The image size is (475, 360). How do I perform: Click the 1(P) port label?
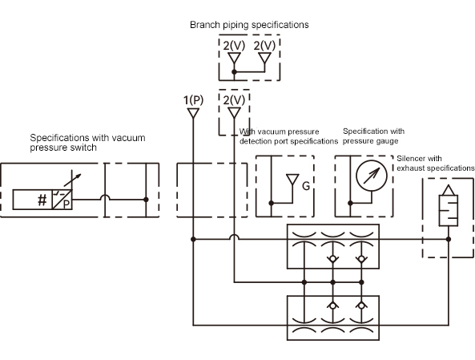click(x=193, y=100)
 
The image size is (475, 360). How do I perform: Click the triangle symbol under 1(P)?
click(x=193, y=113)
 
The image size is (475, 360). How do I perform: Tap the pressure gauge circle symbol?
click(x=372, y=176)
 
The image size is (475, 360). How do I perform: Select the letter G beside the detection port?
click(x=306, y=185)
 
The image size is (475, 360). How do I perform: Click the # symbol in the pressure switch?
click(x=42, y=200)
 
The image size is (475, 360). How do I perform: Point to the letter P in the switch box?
click(x=66, y=204)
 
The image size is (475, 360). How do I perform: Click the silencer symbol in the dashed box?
click(x=449, y=206)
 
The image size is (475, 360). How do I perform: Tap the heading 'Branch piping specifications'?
click(x=249, y=25)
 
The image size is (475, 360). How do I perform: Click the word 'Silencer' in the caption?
click(x=412, y=158)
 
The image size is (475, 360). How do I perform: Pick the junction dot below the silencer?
click(x=449, y=239)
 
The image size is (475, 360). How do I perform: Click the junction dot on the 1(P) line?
click(x=193, y=239)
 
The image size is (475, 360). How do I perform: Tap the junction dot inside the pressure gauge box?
click(x=350, y=203)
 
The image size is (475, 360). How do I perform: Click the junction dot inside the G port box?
click(x=271, y=203)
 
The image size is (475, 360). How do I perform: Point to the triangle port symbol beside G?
click(x=292, y=180)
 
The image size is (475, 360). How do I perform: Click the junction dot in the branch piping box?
click(x=234, y=72)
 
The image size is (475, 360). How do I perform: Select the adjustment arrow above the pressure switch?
click(x=72, y=180)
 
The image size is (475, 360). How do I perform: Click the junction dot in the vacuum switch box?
click(x=146, y=200)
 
